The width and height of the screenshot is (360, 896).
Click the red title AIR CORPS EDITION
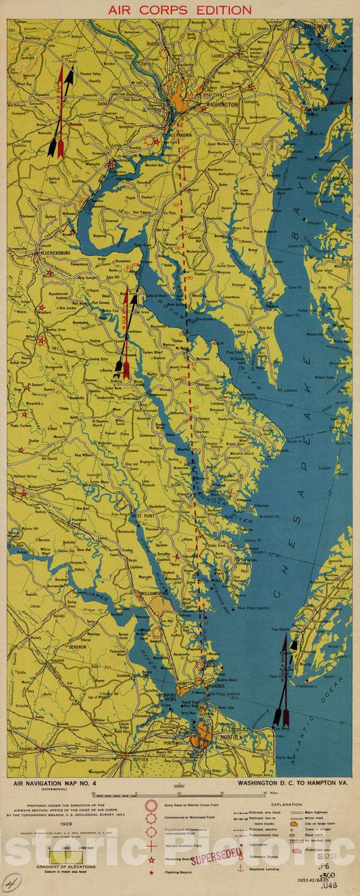[180, 9]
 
